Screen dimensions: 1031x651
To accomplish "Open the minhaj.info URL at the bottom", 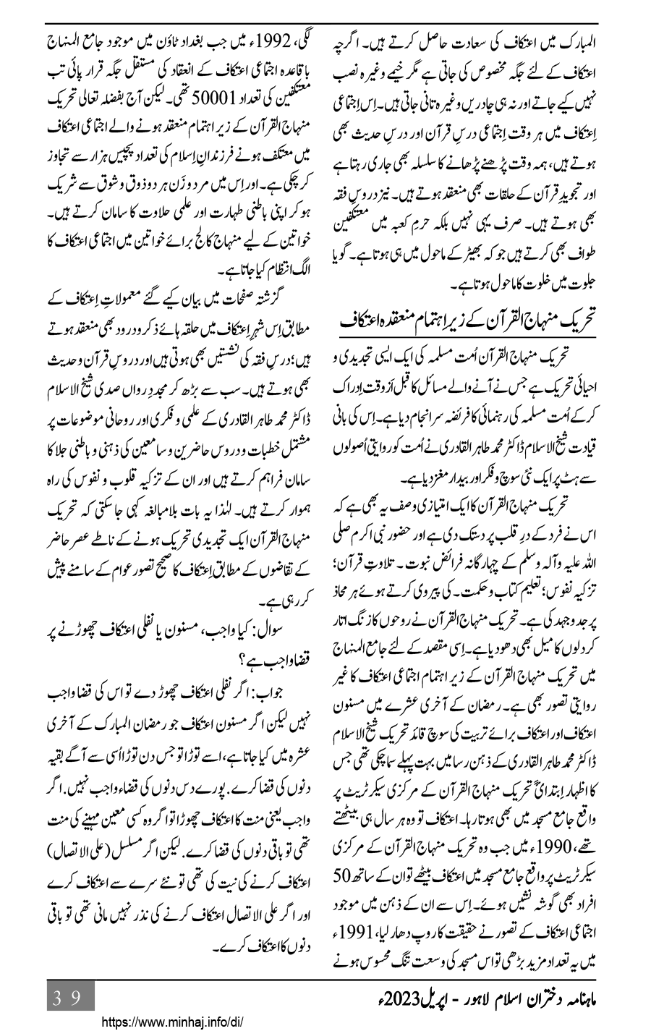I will [x=172, y=1023].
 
